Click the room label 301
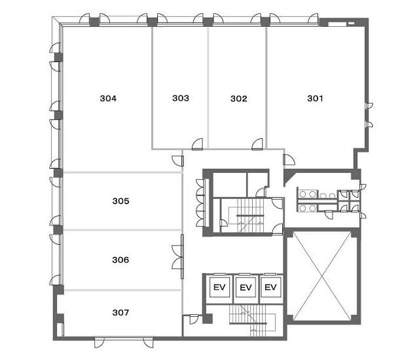coord(315,98)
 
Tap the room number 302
coord(238,99)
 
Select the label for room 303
coord(181,98)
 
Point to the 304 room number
coord(108,98)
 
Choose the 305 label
coord(120,201)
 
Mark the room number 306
coord(120,260)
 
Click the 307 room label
coord(120,312)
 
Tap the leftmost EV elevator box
coord(219,287)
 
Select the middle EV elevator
coord(246,287)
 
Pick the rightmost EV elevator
coord(270,287)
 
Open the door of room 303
coord(197,144)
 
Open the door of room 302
coord(257,144)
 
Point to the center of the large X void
coord(322,276)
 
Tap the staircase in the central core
coord(249,215)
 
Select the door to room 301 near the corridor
coord(289,160)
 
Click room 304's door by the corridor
coord(177,161)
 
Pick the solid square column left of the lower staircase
coord(208,319)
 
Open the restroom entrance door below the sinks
coord(329,215)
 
